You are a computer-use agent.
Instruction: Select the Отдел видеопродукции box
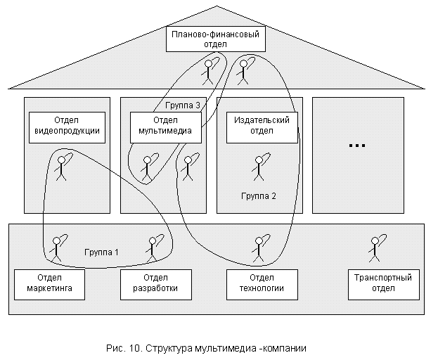coord(67,124)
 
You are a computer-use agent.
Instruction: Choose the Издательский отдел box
coord(262,124)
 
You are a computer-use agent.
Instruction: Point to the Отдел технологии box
coord(257,283)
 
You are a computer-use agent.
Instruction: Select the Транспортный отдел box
coord(380,283)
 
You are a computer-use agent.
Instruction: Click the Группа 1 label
coord(101,251)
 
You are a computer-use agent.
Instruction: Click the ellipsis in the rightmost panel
coord(357,146)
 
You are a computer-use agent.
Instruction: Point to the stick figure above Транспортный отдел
coord(374,247)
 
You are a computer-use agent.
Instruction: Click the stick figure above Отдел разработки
coord(153,248)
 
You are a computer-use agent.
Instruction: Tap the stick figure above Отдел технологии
coord(256,248)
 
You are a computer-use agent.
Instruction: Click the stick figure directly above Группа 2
coord(257,169)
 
